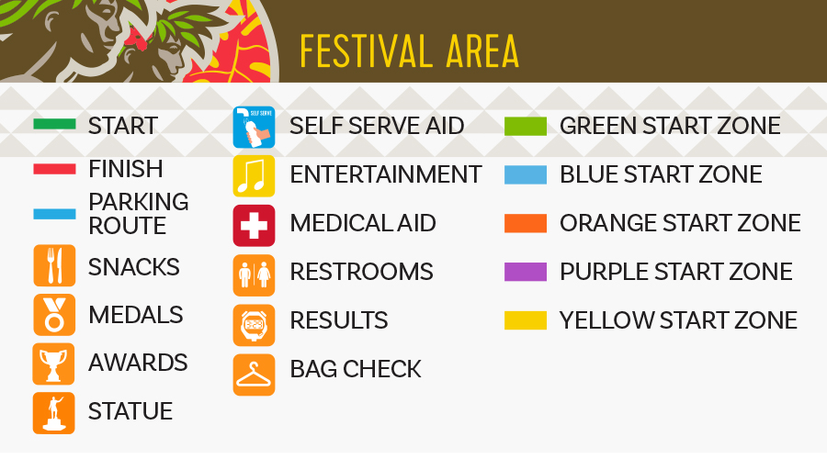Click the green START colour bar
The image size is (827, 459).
[x=54, y=124]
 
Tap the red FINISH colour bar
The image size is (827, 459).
[x=54, y=169]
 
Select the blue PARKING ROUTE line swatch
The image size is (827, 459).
[x=54, y=214]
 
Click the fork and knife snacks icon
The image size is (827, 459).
[x=54, y=265]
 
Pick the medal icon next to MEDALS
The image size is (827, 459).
[x=54, y=315]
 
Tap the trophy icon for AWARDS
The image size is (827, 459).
[x=54, y=364]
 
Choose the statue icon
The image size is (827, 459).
[x=54, y=413]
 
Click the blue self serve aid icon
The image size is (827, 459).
[x=254, y=127]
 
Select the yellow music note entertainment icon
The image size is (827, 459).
[x=254, y=176]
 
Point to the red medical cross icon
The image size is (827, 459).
[x=254, y=226]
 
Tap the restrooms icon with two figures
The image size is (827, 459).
[x=254, y=275]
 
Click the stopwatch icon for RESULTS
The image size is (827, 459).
[x=254, y=325]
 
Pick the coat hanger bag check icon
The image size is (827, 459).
[x=254, y=375]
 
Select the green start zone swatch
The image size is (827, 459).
[x=526, y=127]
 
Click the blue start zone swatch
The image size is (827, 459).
[x=526, y=175]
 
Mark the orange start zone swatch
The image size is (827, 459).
[x=526, y=223]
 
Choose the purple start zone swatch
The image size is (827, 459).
[x=526, y=272]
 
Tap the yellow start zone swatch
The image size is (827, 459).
[x=526, y=320]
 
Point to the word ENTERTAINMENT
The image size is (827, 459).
[x=386, y=174]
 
